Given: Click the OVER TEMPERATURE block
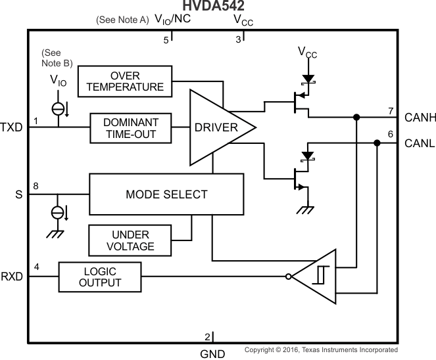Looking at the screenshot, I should click(x=125, y=81).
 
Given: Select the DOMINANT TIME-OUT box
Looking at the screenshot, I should click(x=130, y=128).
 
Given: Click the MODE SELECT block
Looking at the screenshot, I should click(x=166, y=194).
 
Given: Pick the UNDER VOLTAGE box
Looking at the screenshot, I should click(x=130, y=240).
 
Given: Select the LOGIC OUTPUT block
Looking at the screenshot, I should click(x=100, y=277).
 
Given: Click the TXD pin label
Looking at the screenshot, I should click(x=12, y=127).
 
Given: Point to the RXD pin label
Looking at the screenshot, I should click(x=12, y=277).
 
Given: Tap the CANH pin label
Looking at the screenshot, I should click(x=420, y=118).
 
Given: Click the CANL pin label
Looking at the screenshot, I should click(x=419, y=143).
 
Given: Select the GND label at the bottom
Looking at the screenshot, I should click(x=212, y=354).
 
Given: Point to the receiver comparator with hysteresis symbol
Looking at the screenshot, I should click(x=318, y=277).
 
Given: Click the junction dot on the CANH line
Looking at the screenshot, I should click(x=356, y=118).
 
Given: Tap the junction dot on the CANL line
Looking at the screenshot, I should click(x=377, y=143).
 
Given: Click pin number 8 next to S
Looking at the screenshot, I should click(x=36, y=187).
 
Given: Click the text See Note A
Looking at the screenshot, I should click(x=122, y=20).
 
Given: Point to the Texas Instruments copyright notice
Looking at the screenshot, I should click(x=321, y=350).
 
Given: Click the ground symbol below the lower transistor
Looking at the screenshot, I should click(x=303, y=210).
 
